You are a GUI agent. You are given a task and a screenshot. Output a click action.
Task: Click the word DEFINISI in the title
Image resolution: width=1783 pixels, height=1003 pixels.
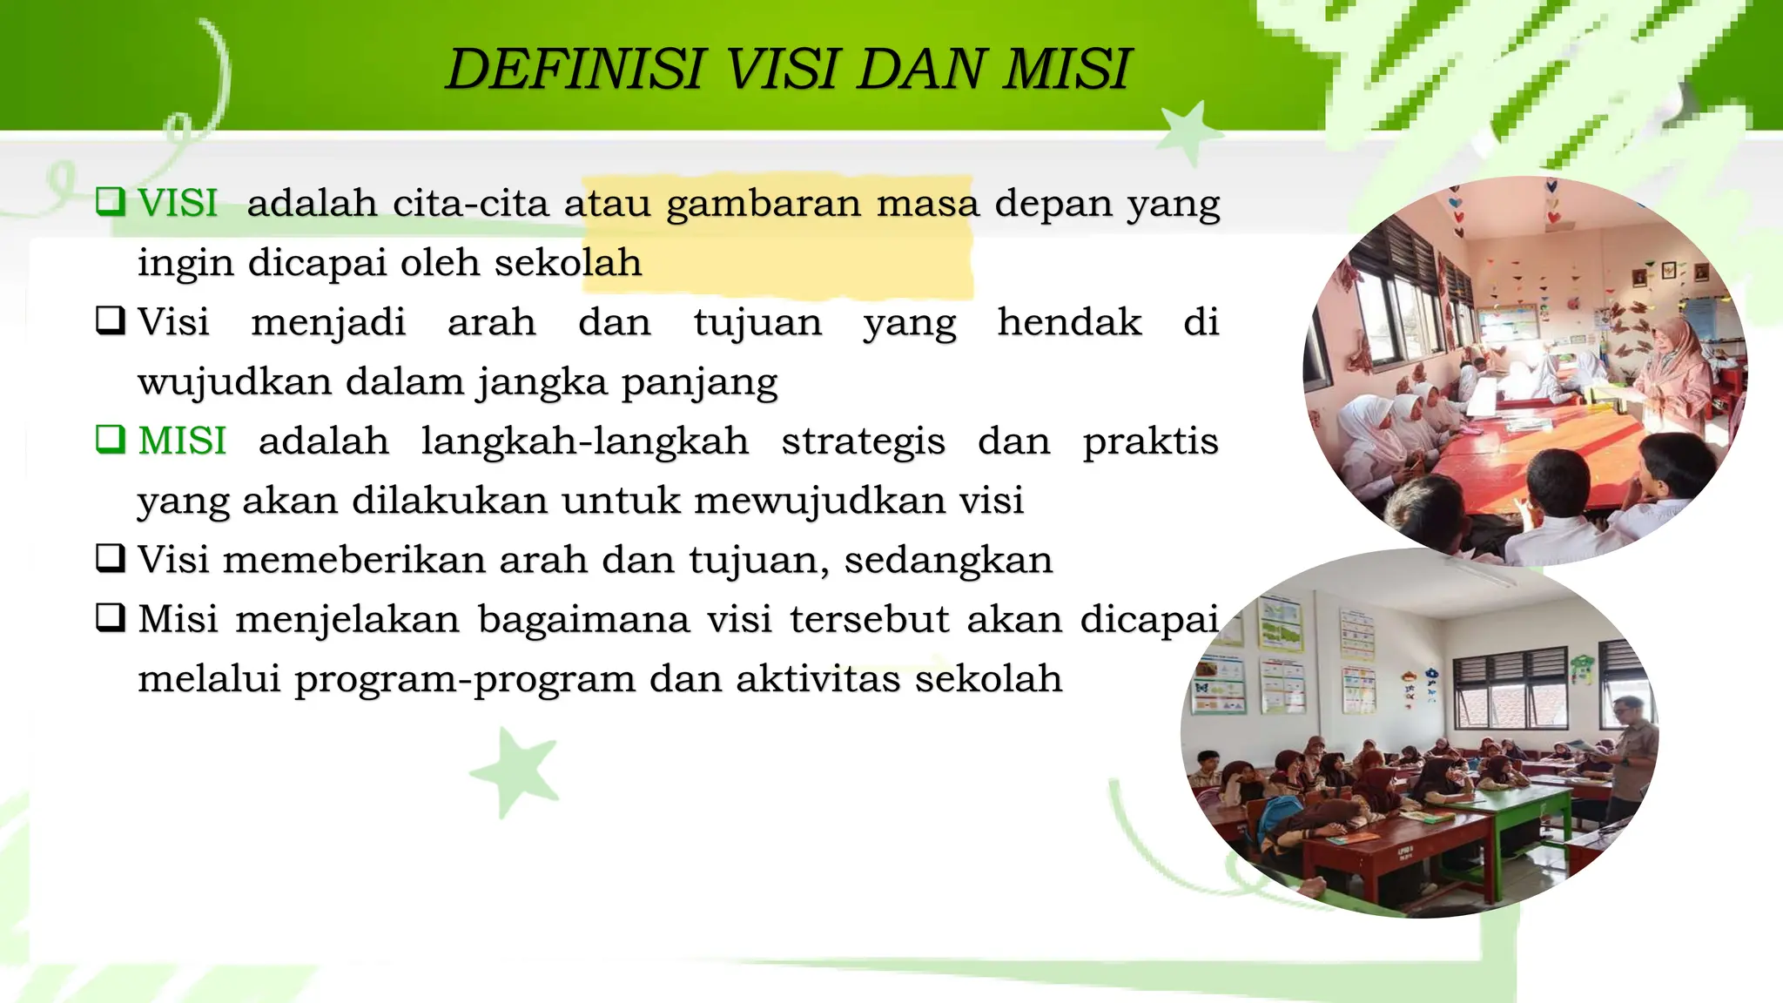(575, 70)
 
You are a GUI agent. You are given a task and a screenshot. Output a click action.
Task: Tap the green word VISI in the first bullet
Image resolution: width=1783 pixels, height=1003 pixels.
(178, 204)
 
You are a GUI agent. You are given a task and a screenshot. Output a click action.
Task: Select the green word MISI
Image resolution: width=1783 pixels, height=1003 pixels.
(182, 441)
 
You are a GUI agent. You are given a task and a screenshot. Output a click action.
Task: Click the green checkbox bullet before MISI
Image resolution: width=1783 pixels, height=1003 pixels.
(111, 440)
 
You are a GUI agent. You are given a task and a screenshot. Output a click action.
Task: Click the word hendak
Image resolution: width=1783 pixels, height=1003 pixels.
(1069, 323)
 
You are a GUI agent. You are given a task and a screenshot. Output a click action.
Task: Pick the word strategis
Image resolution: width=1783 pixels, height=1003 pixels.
(863, 441)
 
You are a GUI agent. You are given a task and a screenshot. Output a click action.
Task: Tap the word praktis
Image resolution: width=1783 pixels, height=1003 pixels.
(1150, 441)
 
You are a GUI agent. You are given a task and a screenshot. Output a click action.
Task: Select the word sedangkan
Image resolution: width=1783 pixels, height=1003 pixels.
(948, 561)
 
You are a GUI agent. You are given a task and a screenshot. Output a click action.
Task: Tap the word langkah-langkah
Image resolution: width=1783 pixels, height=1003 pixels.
(585, 441)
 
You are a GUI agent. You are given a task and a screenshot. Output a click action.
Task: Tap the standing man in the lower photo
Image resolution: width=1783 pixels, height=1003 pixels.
(1628, 757)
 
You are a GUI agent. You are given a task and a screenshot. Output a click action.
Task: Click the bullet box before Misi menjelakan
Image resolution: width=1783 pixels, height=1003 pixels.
(111, 618)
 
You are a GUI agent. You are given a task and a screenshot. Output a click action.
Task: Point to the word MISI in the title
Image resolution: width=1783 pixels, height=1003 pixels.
(1066, 70)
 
